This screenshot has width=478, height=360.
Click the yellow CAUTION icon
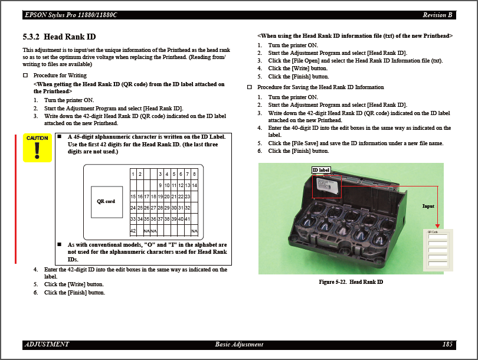coord(37,148)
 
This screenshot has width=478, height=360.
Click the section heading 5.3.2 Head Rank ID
coord(59,37)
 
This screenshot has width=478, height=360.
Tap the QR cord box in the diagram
coord(106,201)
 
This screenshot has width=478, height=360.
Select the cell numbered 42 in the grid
coord(133,230)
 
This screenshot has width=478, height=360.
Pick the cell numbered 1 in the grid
coord(133,174)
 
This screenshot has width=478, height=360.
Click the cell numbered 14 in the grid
coord(194,185)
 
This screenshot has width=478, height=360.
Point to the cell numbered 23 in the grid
coord(188,197)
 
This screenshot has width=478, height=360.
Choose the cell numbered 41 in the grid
coord(188,219)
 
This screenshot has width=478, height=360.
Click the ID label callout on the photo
coord(321,170)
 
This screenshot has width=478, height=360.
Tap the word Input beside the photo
coord(428,206)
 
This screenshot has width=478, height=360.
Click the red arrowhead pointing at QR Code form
coord(437,225)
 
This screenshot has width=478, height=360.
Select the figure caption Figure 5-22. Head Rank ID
coord(351,282)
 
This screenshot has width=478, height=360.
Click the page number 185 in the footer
coord(447,344)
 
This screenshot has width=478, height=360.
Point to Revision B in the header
coord(437,15)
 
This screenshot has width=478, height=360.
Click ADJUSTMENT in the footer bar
coord(47,344)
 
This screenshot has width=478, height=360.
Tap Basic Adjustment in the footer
coord(239,344)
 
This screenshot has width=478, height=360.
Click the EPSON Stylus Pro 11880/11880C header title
coord(71,15)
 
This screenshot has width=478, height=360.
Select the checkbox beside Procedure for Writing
coord(25,76)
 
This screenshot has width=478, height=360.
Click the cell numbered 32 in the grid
coord(188,208)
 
